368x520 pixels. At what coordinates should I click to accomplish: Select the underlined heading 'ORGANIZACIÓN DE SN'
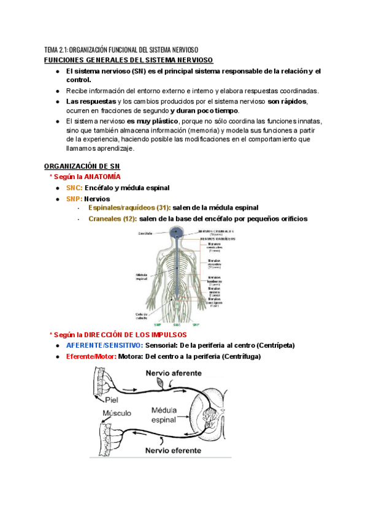(x=83, y=166)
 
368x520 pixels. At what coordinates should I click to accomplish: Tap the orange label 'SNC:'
(x=74, y=188)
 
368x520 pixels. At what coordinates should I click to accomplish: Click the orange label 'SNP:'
(x=74, y=199)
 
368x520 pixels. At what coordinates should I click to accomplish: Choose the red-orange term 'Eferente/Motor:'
(x=91, y=356)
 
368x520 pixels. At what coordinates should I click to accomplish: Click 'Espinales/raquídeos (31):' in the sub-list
(x=129, y=208)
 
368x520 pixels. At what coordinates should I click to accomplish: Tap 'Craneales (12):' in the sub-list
(x=113, y=219)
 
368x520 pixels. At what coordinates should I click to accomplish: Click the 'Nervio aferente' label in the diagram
(x=174, y=373)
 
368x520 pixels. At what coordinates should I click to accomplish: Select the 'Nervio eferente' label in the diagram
(x=173, y=450)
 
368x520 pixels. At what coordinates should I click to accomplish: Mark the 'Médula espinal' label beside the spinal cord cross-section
(x=164, y=415)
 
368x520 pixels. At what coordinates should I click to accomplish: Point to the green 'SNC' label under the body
(x=177, y=324)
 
